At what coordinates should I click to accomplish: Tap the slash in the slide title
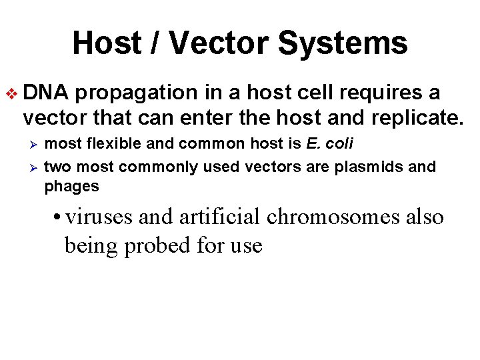tap(152, 43)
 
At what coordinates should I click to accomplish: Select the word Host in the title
tap(105, 43)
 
